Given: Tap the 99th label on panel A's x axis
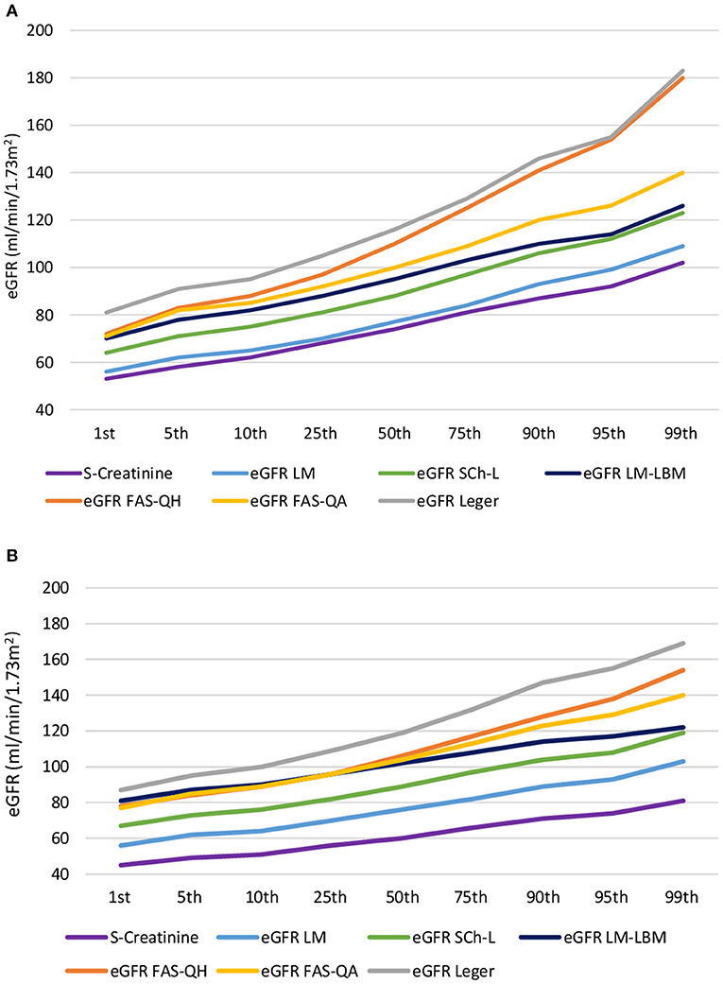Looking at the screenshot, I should [680, 434].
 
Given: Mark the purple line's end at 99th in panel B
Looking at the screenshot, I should [684, 801].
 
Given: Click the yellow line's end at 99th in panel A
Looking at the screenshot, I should [684, 173].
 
